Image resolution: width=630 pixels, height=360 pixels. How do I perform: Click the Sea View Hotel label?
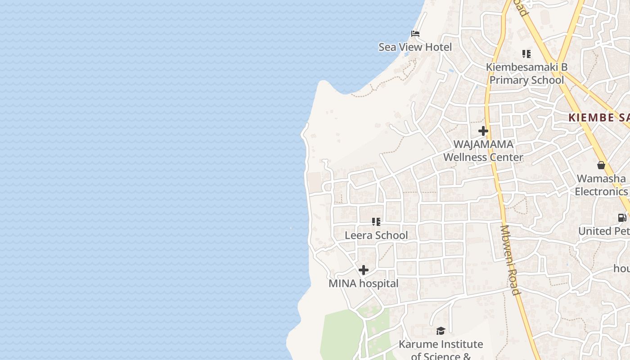coord(415,47)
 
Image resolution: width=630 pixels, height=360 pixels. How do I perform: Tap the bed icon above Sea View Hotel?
coord(415,33)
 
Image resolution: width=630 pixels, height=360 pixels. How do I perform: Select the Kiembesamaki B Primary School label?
coord(526,73)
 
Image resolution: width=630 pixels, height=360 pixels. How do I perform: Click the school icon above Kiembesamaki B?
coord(526,54)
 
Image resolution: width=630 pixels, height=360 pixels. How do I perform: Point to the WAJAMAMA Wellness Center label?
coord(483,150)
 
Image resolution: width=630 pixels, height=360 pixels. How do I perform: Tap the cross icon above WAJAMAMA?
coord(483,131)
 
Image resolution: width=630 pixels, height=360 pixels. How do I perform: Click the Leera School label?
coord(376,235)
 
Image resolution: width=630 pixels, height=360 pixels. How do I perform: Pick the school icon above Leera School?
coord(376,221)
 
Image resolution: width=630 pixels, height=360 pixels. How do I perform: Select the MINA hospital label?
coord(364,283)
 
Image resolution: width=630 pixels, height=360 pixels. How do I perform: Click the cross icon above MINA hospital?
coord(364,270)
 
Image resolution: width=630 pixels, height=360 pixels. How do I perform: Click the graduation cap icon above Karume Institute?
coord(441,331)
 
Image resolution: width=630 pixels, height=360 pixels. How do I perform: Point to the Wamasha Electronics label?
coord(601,185)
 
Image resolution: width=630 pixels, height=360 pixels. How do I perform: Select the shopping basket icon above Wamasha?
coord(601,165)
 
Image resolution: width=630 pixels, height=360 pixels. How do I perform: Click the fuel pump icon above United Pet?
coord(622,218)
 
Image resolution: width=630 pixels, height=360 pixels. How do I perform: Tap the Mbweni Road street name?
coord(511,260)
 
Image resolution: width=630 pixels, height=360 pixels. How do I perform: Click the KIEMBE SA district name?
coord(598,118)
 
